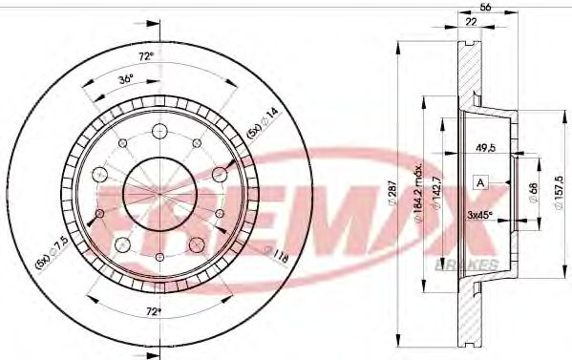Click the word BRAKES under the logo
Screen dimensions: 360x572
465,264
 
